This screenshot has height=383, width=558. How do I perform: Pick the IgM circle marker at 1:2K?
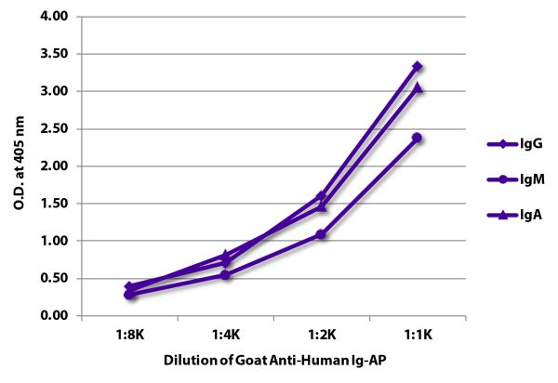[321, 234]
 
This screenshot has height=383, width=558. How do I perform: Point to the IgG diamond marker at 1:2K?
[321, 196]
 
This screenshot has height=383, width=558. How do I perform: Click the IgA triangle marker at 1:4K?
[225, 254]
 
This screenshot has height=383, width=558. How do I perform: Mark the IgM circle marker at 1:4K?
[225, 274]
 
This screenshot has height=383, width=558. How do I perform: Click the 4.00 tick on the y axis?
[57, 17]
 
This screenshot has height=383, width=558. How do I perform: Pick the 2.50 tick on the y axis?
[57, 129]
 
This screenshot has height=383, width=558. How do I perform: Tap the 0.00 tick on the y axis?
[57, 316]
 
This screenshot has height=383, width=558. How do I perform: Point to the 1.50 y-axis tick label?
[57, 204]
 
